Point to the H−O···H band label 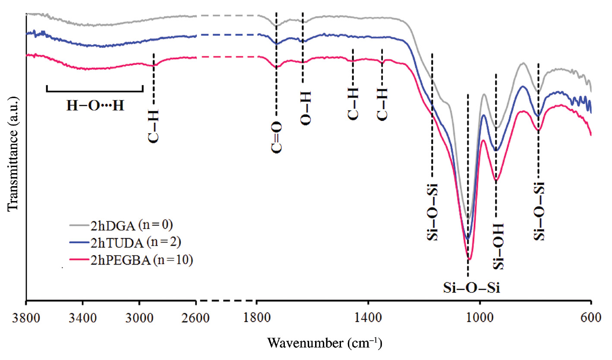pyautogui.click(x=95, y=106)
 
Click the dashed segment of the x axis pyautogui.click(x=227, y=300)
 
